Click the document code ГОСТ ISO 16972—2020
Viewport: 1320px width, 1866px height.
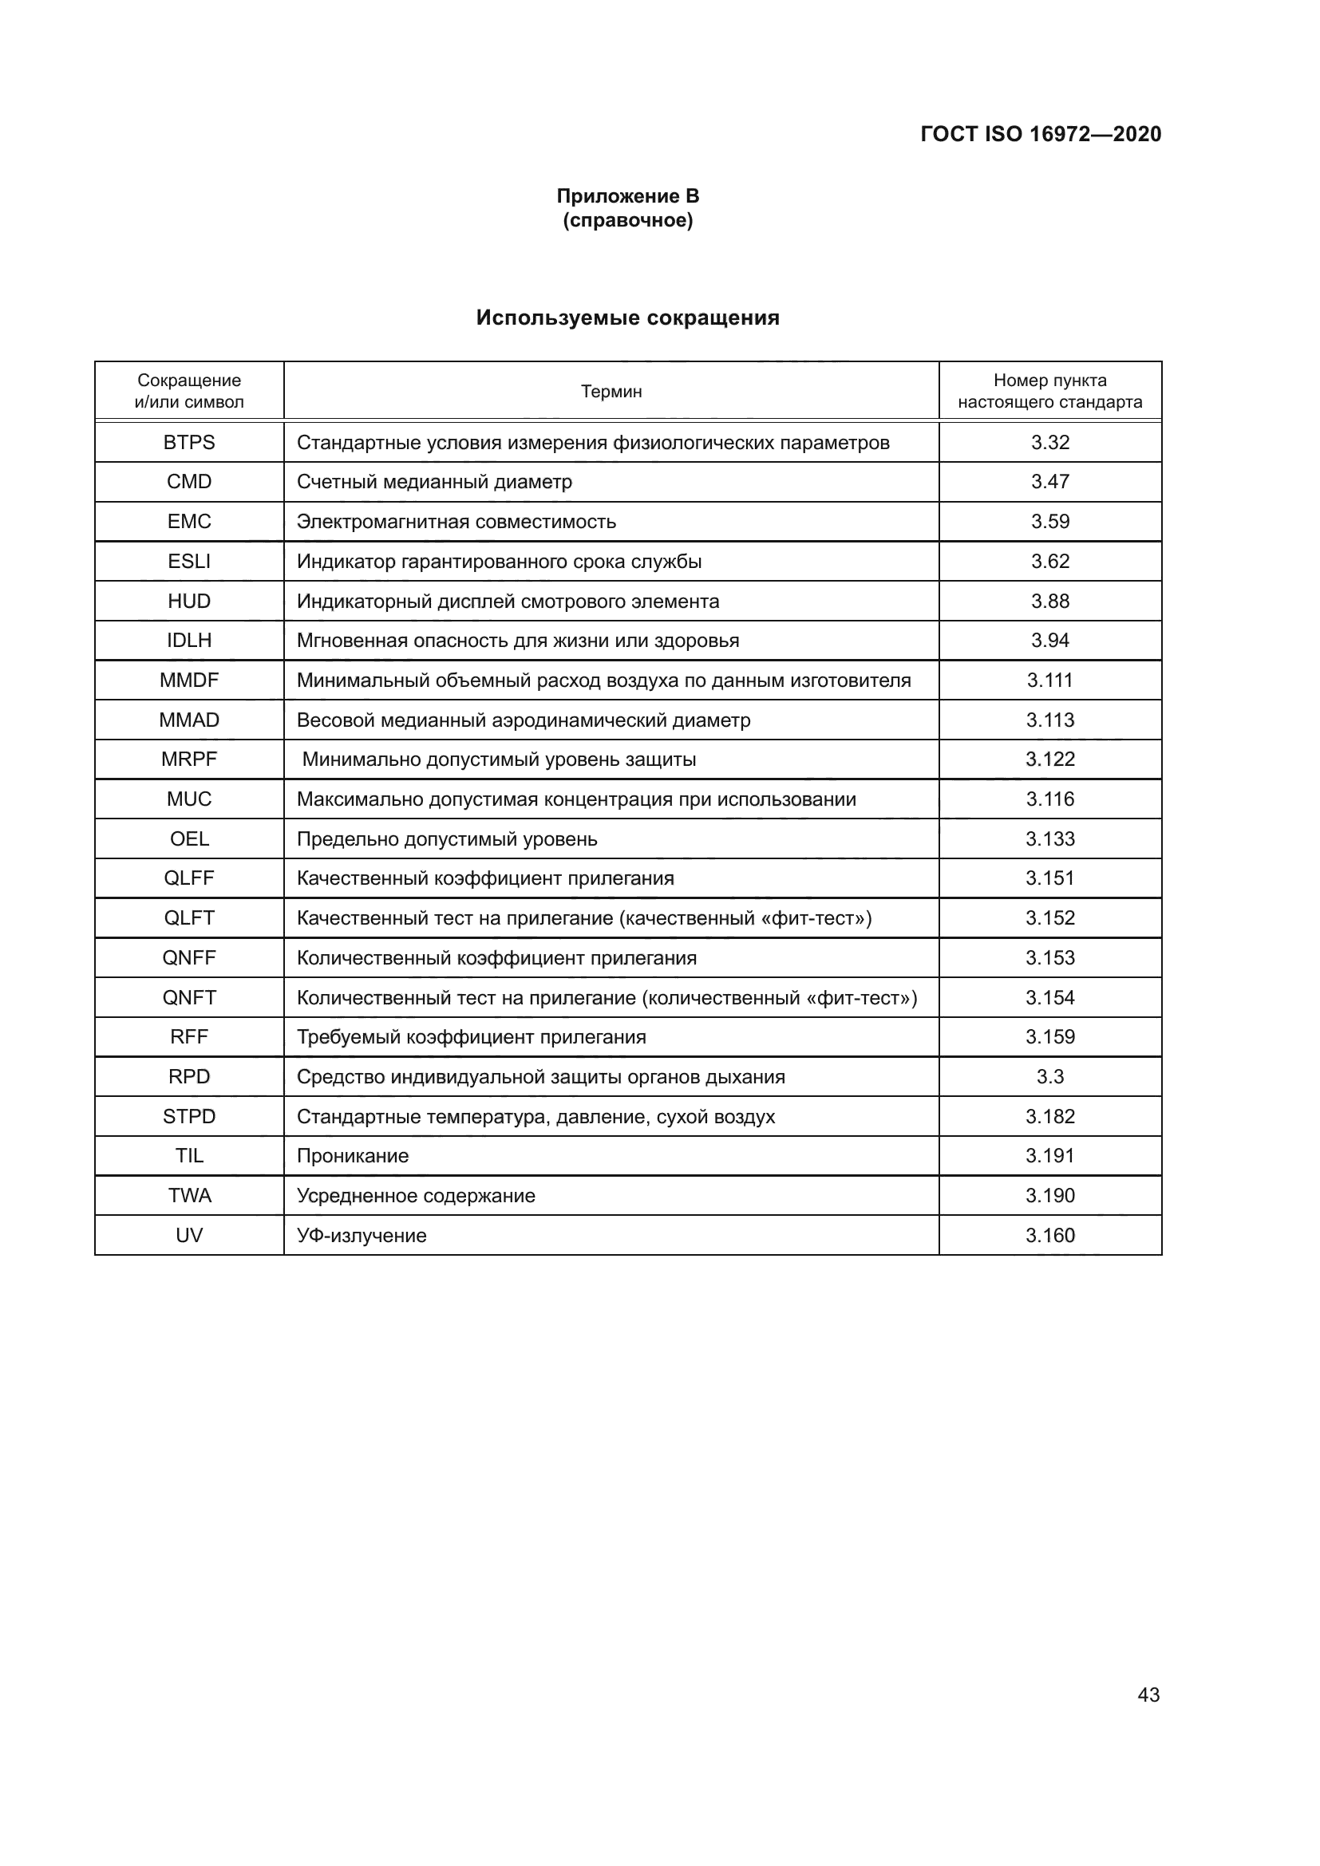[1041, 134]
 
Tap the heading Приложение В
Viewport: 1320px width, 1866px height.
[627, 196]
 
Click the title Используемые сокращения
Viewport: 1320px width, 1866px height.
[627, 318]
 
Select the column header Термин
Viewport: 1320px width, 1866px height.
[611, 392]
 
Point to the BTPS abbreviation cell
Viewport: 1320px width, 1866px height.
[189, 442]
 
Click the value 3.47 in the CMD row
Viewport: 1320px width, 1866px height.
[1050, 482]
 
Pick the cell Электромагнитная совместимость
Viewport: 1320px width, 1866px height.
[456, 522]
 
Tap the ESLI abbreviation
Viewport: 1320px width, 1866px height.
[189, 562]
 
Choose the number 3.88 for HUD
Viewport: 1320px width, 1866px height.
[1050, 602]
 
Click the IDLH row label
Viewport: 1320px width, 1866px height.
[189, 641]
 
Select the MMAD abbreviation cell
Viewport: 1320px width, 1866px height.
[189, 720]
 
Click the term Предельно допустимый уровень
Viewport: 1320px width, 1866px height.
[446, 838]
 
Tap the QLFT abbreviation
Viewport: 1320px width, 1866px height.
[189, 918]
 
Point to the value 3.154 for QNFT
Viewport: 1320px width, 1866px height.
[1050, 997]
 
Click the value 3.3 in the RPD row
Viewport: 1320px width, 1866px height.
[1050, 1077]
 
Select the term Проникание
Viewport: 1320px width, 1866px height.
[353, 1156]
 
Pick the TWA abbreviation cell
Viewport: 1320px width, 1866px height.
[189, 1196]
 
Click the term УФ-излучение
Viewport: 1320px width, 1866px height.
[362, 1235]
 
